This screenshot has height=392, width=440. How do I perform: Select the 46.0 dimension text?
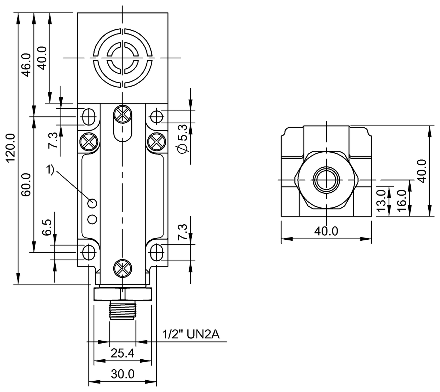coord(26,65)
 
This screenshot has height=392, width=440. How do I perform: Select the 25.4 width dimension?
coord(122,353)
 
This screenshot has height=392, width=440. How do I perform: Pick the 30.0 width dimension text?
coord(123,374)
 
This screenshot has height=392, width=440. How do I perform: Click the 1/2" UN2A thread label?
coord(191,334)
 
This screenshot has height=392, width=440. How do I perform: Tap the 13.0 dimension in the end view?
coord(381,200)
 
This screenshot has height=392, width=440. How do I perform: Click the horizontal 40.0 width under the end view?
coord(326,231)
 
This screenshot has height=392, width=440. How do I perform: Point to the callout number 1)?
coord(50,170)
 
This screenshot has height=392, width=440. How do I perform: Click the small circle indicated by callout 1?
coord(92,203)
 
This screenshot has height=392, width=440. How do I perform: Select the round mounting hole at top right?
coord(157,116)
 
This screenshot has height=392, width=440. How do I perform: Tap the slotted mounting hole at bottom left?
coord(88,252)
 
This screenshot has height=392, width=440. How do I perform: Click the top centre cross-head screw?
coord(122,114)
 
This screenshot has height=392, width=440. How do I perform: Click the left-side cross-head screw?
coord(89,141)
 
